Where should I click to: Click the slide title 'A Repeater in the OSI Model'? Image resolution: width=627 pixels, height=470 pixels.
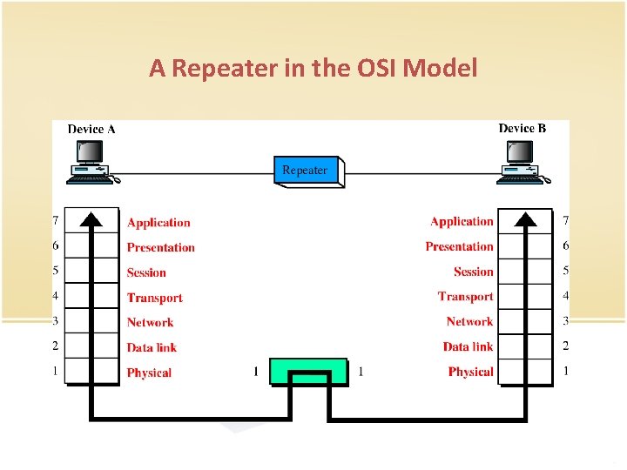pyautogui.click(x=313, y=68)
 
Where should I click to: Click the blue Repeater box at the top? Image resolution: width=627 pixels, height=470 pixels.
pyautogui.click(x=306, y=171)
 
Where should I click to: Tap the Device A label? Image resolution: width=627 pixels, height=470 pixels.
pyautogui.click(x=91, y=129)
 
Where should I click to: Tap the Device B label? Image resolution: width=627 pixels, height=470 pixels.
pyautogui.click(x=522, y=128)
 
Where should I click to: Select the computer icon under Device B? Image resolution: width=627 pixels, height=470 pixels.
pyautogui.click(x=522, y=163)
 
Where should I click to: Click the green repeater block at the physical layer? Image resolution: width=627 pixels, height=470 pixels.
pyautogui.click(x=308, y=371)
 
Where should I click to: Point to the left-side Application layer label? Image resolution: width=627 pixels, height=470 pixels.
pyautogui.click(x=158, y=223)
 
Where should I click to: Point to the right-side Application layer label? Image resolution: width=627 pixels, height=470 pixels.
pyautogui.click(x=462, y=222)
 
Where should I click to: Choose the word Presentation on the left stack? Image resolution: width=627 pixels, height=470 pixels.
pyautogui.click(x=161, y=247)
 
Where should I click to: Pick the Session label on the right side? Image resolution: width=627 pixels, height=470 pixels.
pyautogui.click(x=473, y=272)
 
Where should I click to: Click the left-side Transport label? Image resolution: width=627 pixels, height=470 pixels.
pyautogui.click(x=155, y=298)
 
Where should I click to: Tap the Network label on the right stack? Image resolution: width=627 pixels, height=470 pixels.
pyautogui.click(x=469, y=321)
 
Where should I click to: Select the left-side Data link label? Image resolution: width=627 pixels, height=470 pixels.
pyautogui.click(x=152, y=347)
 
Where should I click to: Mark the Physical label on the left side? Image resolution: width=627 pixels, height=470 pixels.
pyautogui.click(x=149, y=373)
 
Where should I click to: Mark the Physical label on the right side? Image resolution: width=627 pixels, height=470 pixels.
pyautogui.click(x=470, y=372)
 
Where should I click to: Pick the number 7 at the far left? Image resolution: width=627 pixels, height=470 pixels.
pyautogui.click(x=56, y=221)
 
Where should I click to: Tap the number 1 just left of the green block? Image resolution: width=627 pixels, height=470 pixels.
pyautogui.click(x=255, y=372)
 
